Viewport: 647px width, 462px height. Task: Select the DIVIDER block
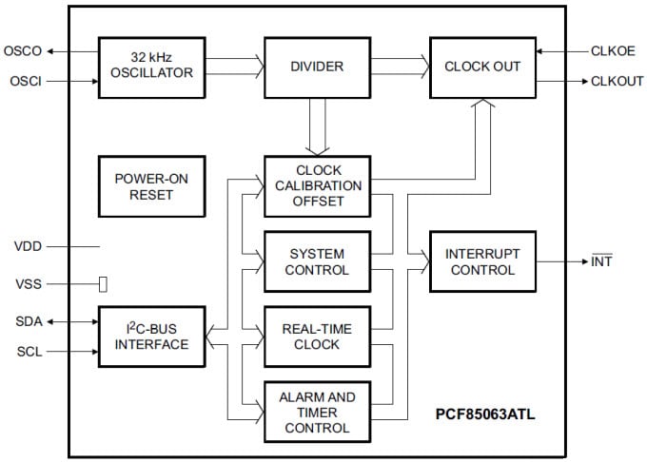[x=317, y=67]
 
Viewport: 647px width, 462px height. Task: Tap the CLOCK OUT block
[x=482, y=67]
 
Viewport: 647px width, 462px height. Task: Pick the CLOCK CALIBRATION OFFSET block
[x=317, y=186]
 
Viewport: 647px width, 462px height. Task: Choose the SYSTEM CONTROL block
[x=317, y=261]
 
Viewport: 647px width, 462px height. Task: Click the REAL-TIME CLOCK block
[x=317, y=337]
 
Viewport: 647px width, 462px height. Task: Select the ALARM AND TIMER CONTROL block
[x=317, y=412]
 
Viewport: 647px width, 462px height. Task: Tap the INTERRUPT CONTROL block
[x=482, y=261]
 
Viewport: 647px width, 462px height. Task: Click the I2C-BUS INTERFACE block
[x=151, y=337]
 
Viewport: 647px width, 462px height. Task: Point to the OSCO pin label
[x=23, y=51]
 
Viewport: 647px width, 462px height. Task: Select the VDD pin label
[x=28, y=245]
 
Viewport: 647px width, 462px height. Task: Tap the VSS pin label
[x=28, y=283]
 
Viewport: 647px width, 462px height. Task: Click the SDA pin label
[x=28, y=320]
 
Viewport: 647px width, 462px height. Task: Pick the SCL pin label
[x=28, y=353]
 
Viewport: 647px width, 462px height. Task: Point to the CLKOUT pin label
[x=617, y=82]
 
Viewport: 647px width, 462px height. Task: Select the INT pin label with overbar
[x=601, y=261]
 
